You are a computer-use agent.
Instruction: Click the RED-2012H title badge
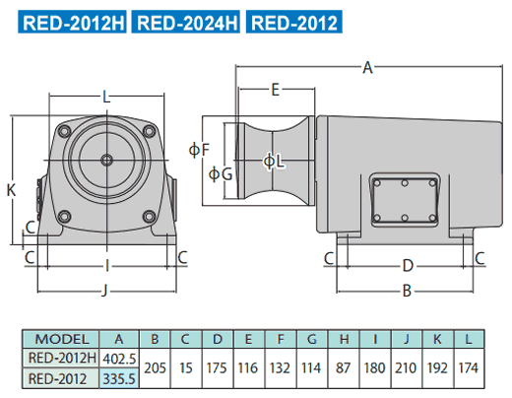72,22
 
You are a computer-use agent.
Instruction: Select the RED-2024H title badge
186,22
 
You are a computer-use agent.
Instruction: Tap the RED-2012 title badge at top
294,22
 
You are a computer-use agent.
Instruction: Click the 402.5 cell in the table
119,359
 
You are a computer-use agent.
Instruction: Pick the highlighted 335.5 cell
119,378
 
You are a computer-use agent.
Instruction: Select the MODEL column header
61,339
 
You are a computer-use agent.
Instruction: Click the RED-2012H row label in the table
62,358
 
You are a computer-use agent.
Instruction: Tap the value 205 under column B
155,368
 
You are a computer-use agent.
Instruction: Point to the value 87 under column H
343,368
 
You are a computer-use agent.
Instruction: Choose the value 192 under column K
437,368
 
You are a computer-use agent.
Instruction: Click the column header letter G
311,339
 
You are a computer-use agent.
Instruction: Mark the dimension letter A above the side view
368,68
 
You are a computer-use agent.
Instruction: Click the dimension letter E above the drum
276,90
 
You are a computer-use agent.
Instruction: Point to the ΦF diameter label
199,150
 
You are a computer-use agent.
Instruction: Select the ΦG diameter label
221,173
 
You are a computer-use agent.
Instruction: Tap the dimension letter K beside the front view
11,190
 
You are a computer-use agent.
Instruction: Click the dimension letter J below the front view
104,291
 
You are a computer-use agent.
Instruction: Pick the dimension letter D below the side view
408,266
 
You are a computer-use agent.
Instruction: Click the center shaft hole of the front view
106,161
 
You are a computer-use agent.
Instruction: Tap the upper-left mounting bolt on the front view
64,131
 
